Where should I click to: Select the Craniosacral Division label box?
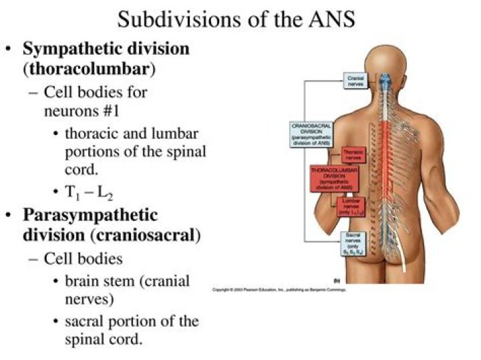[x=312, y=133]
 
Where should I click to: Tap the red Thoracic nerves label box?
[x=353, y=155]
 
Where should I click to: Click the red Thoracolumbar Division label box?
[x=334, y=178]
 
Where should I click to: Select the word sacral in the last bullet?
[x=86, y=321]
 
